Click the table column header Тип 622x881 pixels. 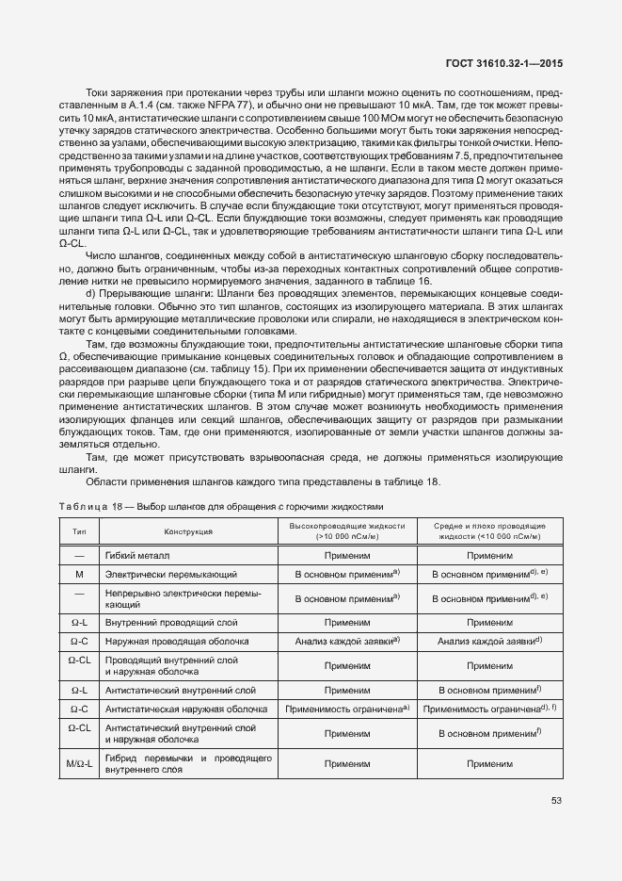pyautogui.click(x=80, y=531)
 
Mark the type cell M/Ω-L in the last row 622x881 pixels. pyautogui.click(x=79, y=763)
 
